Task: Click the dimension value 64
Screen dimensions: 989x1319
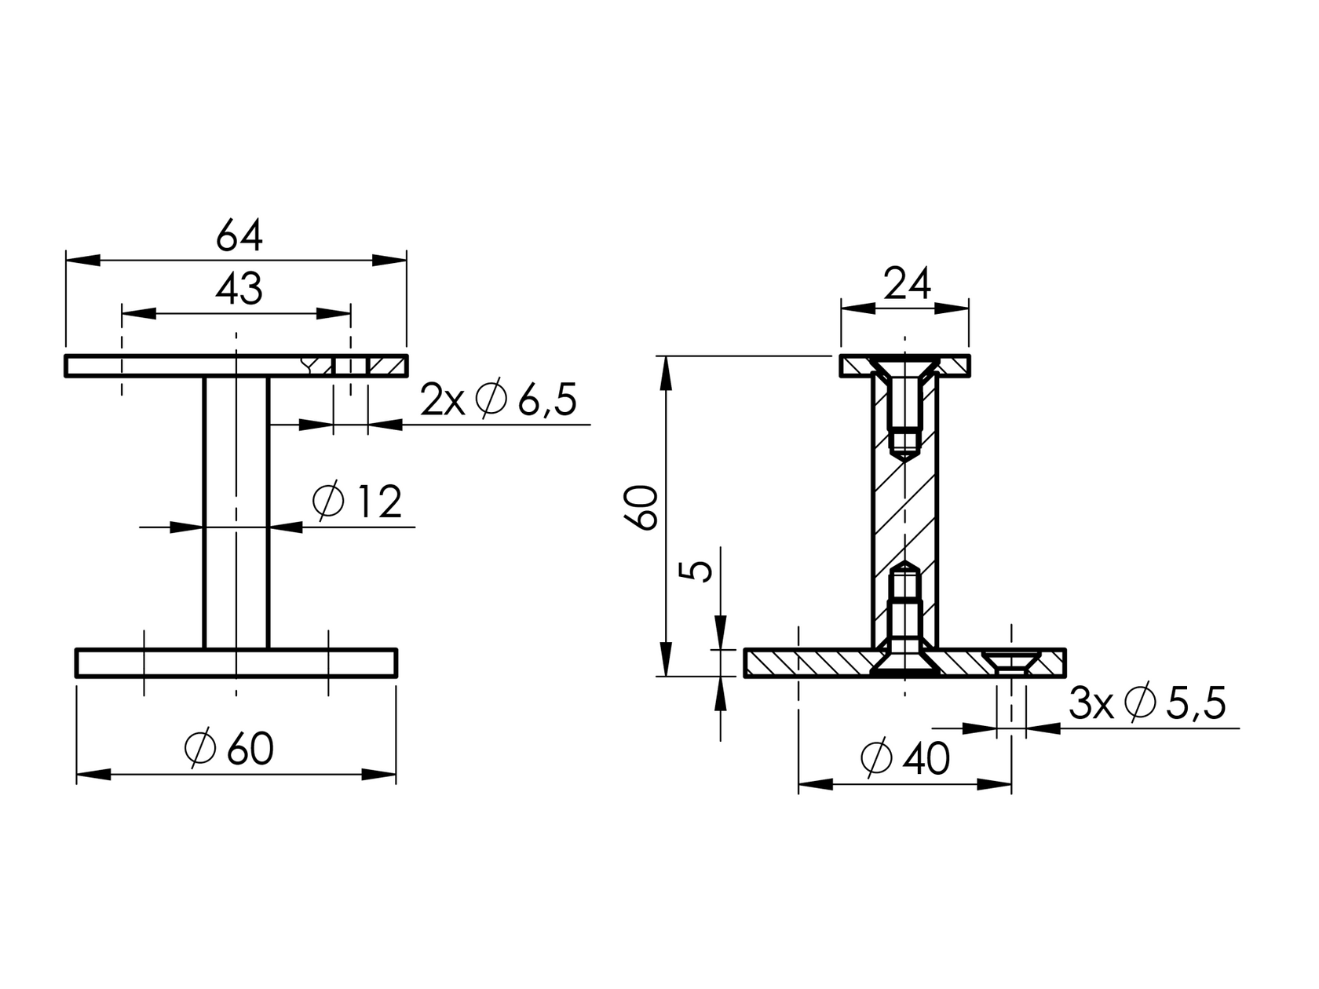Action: tap(239, 235)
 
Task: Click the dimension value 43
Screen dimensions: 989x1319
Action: tap(239, 290)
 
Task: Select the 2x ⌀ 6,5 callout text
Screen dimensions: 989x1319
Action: tap(499, 400)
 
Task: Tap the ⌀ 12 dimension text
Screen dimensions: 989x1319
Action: tap(357, 502)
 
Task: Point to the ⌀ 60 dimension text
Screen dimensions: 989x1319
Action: tap(229, 750)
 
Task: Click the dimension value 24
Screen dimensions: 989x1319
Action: tap(907, 285)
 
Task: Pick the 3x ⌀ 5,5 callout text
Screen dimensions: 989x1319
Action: tap(1147, 704)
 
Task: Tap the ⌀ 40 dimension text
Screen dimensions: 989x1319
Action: tap(905, 758)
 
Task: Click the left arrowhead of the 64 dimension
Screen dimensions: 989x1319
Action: tap(83, 260)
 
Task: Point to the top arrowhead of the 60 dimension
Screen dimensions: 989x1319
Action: tap(666, 372)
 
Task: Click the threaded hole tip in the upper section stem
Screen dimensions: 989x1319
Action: tap(905, 453)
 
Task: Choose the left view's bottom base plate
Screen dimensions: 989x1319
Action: tap(236, 663)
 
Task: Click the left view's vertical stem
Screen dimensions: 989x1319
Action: tap(236, 514)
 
